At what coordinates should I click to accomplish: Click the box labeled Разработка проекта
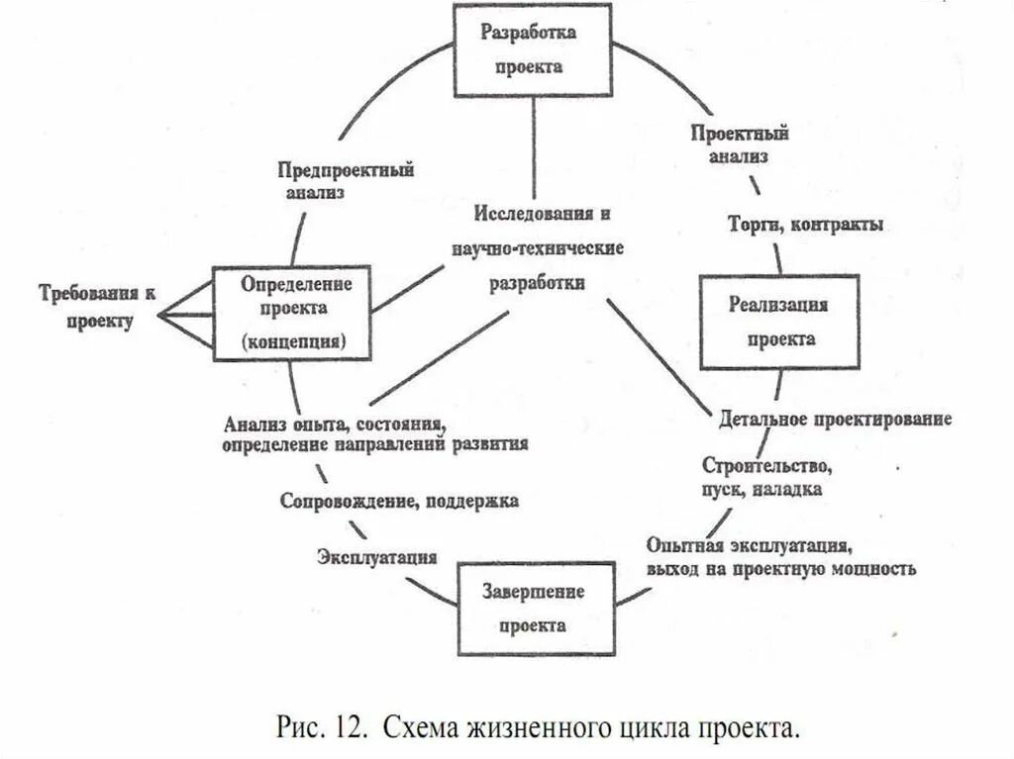pos(530,49)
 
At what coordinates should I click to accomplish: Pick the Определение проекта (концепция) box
pos(291,312)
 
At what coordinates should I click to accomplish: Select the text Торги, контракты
pos(805,225)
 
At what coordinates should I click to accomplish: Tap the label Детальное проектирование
pos(836,419)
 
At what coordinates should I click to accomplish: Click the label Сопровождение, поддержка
pos(399,501)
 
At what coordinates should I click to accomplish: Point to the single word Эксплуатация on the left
pos(377,556)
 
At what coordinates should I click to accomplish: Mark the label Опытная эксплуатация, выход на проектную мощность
pos(781,557)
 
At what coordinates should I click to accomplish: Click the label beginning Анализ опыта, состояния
pos(374,433)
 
